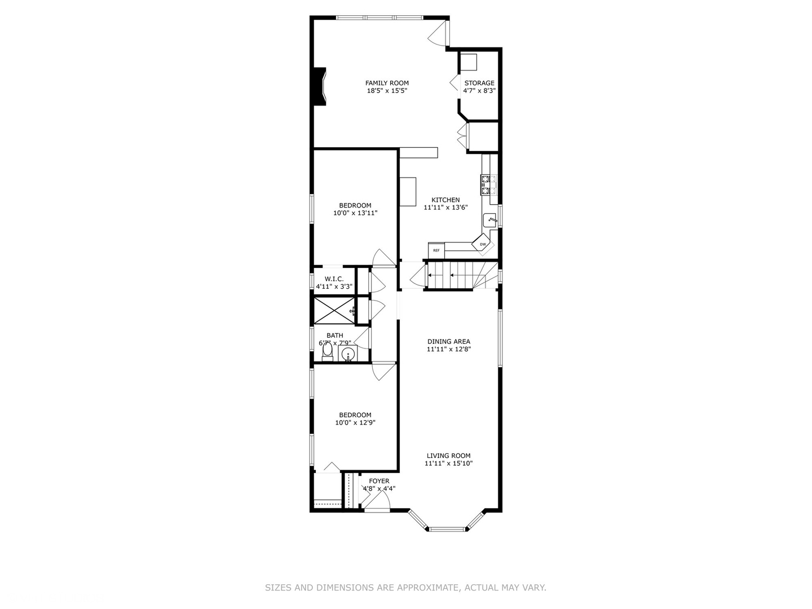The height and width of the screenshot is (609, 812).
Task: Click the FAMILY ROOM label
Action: (x=387, y=83)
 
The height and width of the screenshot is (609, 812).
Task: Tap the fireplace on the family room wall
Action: (x=320, y=86)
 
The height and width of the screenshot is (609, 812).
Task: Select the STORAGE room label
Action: (x=479, y=83)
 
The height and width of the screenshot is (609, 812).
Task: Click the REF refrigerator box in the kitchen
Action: (x=436, y=249)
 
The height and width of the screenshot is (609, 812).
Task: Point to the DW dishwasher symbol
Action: (x=483, y=244)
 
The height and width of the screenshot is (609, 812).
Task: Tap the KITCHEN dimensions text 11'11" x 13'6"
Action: (x=445, y=207)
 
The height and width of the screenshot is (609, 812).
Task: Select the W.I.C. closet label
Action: (x=334, y=279)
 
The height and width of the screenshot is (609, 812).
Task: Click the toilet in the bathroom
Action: (x=327, y=352)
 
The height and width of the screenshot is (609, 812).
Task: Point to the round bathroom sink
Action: (x=348, y=354)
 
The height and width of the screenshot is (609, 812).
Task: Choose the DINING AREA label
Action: (x=449, y=341)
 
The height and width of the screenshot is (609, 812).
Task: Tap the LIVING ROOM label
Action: (x=448, y=456)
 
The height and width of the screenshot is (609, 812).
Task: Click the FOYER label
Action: (x=379, y=481)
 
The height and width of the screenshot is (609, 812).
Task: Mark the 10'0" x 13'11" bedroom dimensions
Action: (x=355, y=213)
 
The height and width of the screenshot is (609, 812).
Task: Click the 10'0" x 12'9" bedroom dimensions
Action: (x=355, y=422)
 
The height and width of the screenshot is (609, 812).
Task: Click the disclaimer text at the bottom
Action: (x=405, y=588)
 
